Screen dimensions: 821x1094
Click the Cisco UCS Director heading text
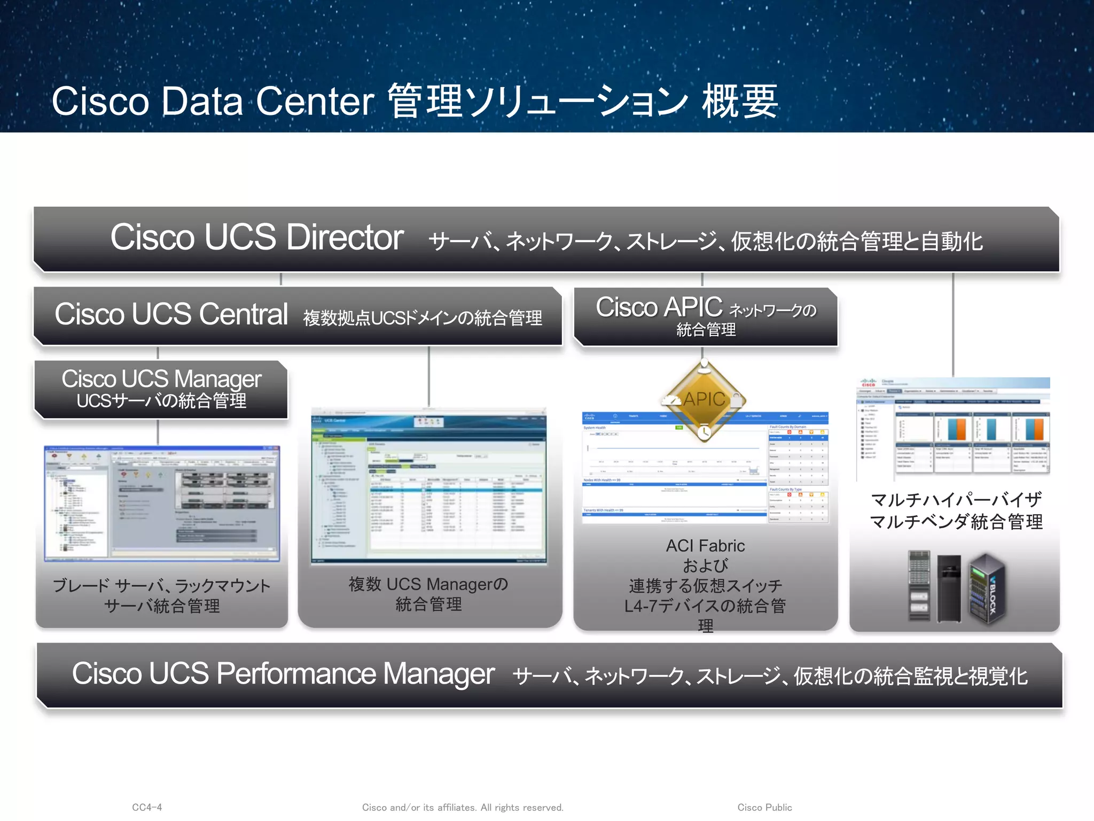[x=256, y=237]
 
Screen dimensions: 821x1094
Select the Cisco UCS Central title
[x=171, y=314]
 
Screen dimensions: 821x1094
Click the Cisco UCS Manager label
[x=161, y=378]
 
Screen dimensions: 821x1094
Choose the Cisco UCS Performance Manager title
[x=283, y=673]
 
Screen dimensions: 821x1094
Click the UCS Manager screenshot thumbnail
[x=162, y=503]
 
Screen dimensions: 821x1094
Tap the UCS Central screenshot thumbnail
[x=429, y=486]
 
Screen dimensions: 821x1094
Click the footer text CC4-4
[x=147, y=807]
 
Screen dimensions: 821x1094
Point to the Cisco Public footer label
[x=764, y=807]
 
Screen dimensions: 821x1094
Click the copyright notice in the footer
[x=463, y=807]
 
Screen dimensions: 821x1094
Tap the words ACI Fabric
[x=705, y=546]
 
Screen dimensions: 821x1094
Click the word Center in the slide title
[x=315, y=101]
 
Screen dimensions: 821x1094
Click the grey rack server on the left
[x=919, y=586]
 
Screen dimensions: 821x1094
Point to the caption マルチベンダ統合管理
[x=956, y=522]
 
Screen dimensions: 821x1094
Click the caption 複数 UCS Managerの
[x=428, y=584]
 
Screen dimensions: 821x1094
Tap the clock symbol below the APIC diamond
[x=704, y=431]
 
